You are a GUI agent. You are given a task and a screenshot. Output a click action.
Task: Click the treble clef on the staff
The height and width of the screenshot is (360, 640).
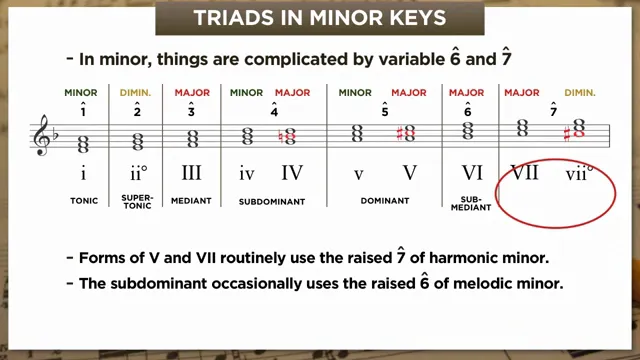pyautogui.click(x=42, y=134)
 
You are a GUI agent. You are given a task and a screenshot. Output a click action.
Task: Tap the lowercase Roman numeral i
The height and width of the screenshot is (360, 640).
pyautogui.click(x=83, y=173)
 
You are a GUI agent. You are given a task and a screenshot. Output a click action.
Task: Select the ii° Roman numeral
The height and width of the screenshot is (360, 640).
pyautogui.click(x=138, y=173)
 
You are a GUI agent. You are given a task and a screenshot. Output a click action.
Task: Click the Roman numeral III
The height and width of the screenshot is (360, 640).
pyautogui.click(x=192, y=173)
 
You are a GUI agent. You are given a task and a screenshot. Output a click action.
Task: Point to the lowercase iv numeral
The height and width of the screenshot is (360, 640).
pyautogui.click(x=246, y=173)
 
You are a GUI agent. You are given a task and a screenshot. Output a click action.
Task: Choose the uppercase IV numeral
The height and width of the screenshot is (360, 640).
pyautogui.click(x=291, y=173)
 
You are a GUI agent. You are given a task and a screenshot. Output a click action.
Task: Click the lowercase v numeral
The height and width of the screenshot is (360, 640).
pyautogui.click(x=358, y=173)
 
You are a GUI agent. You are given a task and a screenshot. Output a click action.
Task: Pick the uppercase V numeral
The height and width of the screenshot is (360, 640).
pyautogui.click(x=409, y=173)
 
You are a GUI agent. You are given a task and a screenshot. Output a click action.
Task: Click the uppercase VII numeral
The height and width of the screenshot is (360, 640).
pyautogui.click(x=524, y=173)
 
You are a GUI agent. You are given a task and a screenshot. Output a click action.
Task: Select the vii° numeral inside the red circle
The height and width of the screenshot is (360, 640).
pyautogui.click(x=578, y=173)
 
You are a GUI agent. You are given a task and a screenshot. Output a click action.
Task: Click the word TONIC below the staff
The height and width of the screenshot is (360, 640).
pyautogui.click(x=84, y=200)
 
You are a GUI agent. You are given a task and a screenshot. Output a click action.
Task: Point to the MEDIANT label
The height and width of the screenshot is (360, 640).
pyautogui.click(x=192, y=200)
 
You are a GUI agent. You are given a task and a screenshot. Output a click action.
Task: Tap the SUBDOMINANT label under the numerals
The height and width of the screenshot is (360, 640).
pyautogui.click(x=270, y=200)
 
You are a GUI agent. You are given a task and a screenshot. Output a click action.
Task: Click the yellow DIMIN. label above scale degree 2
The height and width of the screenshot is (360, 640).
pyautogui.click(x=138, y=93)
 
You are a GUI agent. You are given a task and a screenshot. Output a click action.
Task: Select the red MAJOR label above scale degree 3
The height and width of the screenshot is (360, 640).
pyautogui.click(x=192, y=93)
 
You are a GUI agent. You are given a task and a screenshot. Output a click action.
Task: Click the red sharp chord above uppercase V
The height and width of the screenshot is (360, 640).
pyautogui.click(x=406, y=132)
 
